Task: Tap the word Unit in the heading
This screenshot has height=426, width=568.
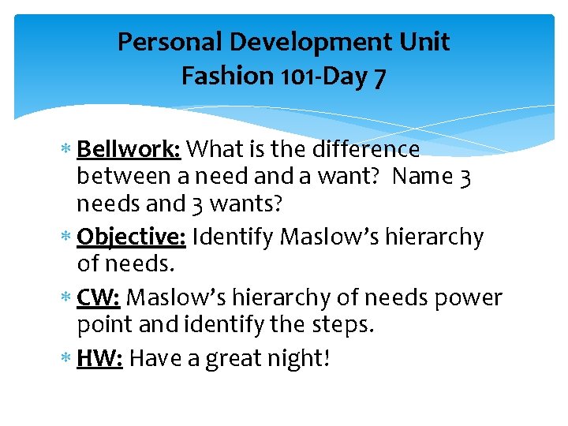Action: [x=427, y=42]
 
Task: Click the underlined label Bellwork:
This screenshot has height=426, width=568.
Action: [x=130, y=149]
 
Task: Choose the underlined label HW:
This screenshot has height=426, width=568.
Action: [x=100, y=358]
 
